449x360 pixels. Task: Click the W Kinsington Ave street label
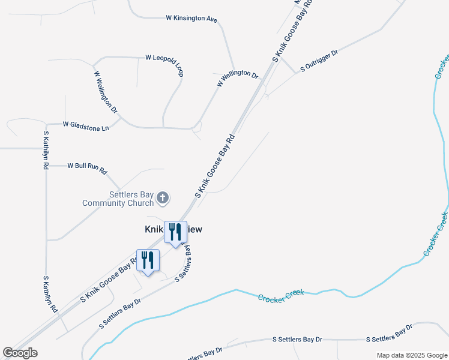[191, 19]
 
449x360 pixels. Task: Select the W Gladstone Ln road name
[86, 125]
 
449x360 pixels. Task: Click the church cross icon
[162, 197]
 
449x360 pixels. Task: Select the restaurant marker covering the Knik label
[175, 232]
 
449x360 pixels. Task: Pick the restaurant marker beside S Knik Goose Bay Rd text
[148, 260]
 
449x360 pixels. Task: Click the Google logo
[20, 353]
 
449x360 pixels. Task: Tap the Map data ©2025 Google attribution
[412, 355]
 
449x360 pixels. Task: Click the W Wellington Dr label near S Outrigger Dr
[237, 79]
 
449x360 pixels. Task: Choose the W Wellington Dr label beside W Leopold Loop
[106, 92]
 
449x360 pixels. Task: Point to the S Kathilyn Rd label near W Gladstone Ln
[46, 151]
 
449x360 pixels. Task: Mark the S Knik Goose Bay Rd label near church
[214, 167]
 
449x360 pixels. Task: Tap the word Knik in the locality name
[154, 229]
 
